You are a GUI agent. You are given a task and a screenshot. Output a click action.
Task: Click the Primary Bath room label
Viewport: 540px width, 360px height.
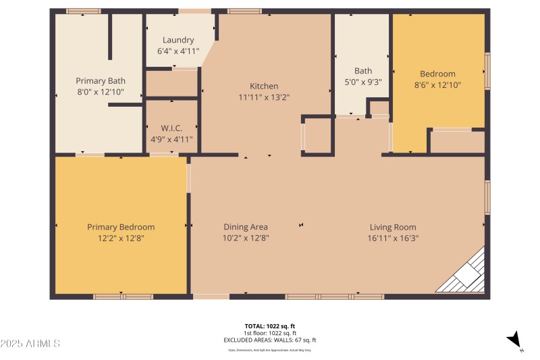coord(100,80)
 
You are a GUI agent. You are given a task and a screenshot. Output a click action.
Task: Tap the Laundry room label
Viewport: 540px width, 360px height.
coord(178,40)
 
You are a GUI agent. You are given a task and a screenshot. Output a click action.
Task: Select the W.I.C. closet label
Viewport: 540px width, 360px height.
coord(171,128)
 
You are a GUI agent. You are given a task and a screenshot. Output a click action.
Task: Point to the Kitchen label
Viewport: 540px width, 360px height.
coord(264,86)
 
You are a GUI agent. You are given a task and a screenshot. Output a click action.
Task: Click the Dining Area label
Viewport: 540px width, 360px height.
coord(246,227)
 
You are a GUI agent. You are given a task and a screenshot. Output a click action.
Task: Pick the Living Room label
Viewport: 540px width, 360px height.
coord(393,227)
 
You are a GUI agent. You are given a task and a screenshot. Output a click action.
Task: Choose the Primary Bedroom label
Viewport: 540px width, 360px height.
coord(121,227)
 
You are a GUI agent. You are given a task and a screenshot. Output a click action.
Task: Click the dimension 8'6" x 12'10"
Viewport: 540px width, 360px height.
coord(437,85)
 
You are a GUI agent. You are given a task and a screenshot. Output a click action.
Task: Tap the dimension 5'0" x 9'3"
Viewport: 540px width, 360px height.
coord(363,82)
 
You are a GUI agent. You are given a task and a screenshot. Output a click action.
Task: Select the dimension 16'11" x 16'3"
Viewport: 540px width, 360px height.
coord(393,238)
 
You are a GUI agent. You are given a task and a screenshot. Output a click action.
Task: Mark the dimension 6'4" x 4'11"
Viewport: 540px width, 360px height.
coord(178,51)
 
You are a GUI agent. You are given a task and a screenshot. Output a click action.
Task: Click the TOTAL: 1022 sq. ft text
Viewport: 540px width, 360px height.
coord(269,326)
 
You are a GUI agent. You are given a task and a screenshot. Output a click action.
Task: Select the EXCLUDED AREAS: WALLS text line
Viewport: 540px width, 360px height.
coord(269,340)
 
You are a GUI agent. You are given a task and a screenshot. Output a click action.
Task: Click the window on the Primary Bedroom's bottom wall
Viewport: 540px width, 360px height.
coord(123,297)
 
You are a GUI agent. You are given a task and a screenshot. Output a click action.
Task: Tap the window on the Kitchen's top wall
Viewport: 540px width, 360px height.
coord(244,11)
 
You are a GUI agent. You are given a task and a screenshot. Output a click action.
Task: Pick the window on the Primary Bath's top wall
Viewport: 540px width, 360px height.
coord(84,11)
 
